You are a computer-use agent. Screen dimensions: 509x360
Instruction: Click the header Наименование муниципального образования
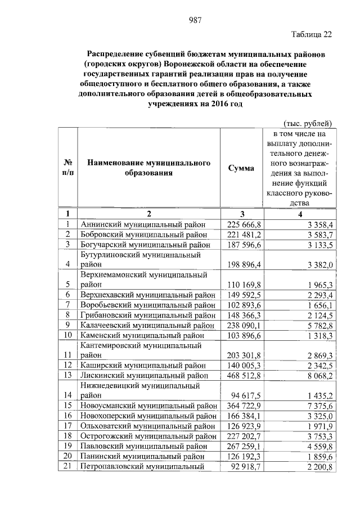[148, 168]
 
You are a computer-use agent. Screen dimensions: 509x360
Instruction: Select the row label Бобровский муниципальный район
[148, 234]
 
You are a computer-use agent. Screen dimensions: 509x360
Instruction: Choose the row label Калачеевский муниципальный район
[148, 325]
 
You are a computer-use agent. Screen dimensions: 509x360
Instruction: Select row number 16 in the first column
[67, 416]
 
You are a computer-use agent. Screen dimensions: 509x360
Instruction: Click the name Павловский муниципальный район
[148, 446]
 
